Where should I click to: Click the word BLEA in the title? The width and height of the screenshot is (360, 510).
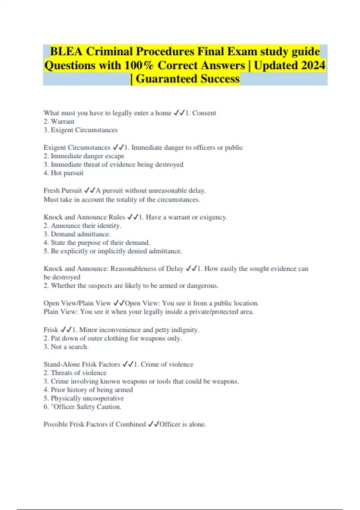coord(66,52)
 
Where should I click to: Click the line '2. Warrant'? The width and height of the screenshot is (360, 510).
coord(59,121)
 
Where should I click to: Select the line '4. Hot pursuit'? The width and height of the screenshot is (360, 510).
coord(64,173)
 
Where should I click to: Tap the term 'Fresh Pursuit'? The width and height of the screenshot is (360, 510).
coord(63,190)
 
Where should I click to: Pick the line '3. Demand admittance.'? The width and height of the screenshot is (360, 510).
coord(77,234)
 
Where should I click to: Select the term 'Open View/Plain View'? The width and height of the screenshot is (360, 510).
coord(77,303)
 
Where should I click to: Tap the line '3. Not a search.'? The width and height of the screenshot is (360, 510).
coord(66,347)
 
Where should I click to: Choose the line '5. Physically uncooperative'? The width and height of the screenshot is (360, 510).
coord(84,398)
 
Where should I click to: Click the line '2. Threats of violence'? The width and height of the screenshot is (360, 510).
coord(75,373)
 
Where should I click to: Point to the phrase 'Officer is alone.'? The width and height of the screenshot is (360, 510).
coord(183,424)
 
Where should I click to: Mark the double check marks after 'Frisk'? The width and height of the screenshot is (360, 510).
coord(66,330)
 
